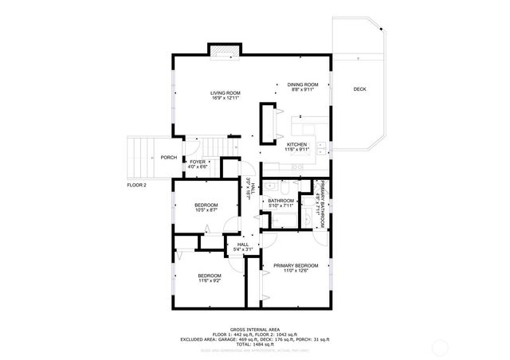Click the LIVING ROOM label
coord(225,92)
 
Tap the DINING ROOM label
coord(303,84)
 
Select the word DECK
coord(359,89)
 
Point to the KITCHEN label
coord(297,144)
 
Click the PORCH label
coord(168,157)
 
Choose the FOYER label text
coord(198,162)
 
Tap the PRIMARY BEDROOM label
coord(296,265)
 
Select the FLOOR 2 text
coord(138,185)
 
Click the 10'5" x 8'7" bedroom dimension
coord(206,210)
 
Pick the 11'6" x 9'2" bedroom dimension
coord(209,280)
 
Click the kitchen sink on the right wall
coord(319,146)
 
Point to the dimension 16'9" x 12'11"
coord(225,98)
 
